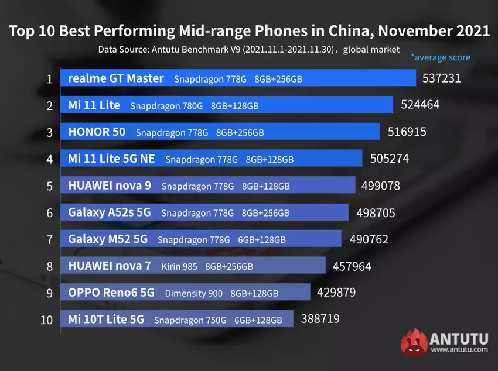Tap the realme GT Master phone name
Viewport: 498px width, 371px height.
pos(116,78)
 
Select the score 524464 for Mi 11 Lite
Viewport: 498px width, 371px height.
pos(420,105)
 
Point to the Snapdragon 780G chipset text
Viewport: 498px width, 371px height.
pos(166,106)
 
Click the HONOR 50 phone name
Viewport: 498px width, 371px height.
pos(97,132)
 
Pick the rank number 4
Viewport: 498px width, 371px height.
pos(50,159)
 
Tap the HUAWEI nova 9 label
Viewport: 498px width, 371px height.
pos(110,185)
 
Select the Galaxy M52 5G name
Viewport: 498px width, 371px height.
pos(108,239)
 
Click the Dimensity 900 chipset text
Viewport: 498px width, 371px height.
pos(194,293)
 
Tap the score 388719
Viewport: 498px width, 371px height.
pos(320,319)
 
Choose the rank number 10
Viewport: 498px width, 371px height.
pos(47,320)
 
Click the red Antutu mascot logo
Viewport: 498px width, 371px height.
pos(414,342)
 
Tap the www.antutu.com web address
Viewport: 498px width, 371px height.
pos(459,350)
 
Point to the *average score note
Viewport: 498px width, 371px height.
pos(440,57)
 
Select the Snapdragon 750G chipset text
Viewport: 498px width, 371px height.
pos(190,320)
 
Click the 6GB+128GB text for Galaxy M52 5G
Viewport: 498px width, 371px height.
pos(262,240)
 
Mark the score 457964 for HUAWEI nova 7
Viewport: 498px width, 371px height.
pos(352,266)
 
